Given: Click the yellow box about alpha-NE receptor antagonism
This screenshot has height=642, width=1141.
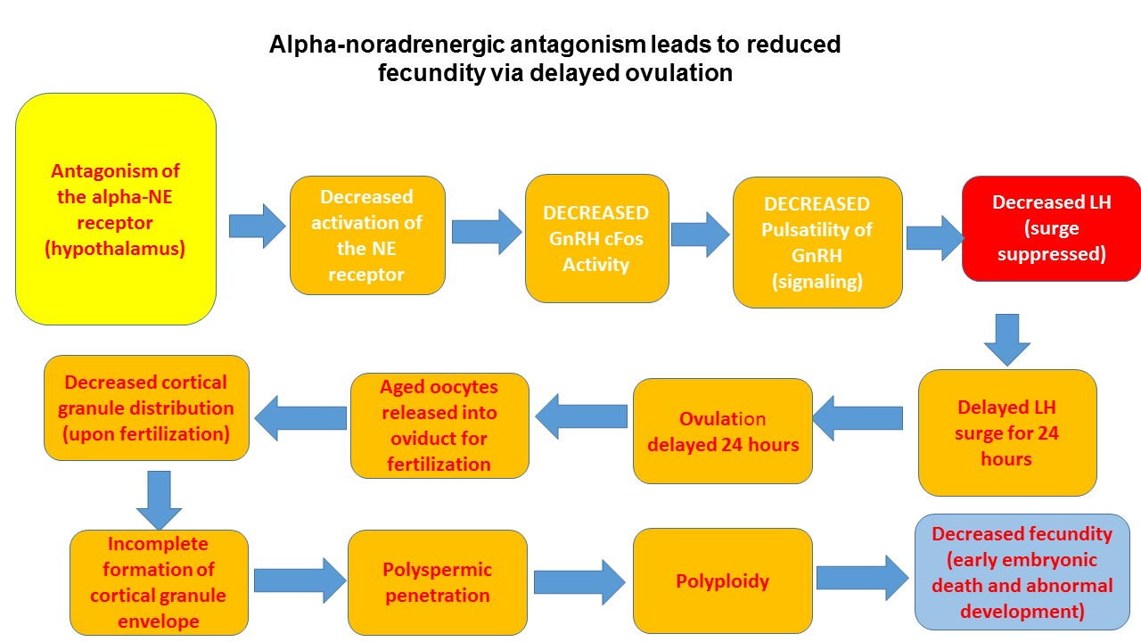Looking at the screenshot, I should pyautogui.click(x=116, y=209).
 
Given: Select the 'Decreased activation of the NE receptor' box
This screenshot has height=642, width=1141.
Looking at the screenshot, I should pyautogui.click(x=366, y=235).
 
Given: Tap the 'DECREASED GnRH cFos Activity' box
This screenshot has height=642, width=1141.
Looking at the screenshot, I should pyautogui.click(x=595, y=237).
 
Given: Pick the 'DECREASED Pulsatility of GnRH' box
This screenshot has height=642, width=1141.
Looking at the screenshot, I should pyautogui.click(x=817, y=242).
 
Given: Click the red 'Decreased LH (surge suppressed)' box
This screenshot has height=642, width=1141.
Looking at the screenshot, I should pyautogui.click(x=1051, y=228).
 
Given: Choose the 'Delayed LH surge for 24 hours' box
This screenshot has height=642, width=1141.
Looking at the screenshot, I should pyautogui.click(x=1006, y=432).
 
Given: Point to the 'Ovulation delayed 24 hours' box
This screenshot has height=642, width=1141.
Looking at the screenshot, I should pyautogui.click(x=722, y=431).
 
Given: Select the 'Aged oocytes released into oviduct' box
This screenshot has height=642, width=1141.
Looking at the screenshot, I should pyautogui.click(x=439, y=425).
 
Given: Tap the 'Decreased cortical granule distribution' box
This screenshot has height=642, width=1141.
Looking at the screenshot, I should pyautogui.click(x=146, y=407).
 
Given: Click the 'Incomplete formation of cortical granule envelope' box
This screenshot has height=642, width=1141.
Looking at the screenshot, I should pyautogui.click(x=158, y=582).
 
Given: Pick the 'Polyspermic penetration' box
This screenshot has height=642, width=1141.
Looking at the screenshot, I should pyautogui.click(x=437, y=582).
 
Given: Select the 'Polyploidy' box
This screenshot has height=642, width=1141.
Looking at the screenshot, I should pyautogui.click(x=722, y=581).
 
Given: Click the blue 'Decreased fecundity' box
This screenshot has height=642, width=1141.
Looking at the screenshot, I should pyautogui.click(x=1022, y=572).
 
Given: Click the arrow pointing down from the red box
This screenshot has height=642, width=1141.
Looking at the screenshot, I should pyautogui.click(x=1007, y=339).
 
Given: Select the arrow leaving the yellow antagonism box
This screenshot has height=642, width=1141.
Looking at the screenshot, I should pyautogui.click(x=257, y=225).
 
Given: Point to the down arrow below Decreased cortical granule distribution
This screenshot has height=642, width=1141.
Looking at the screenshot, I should pyautogui.click(x=158, y=500).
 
